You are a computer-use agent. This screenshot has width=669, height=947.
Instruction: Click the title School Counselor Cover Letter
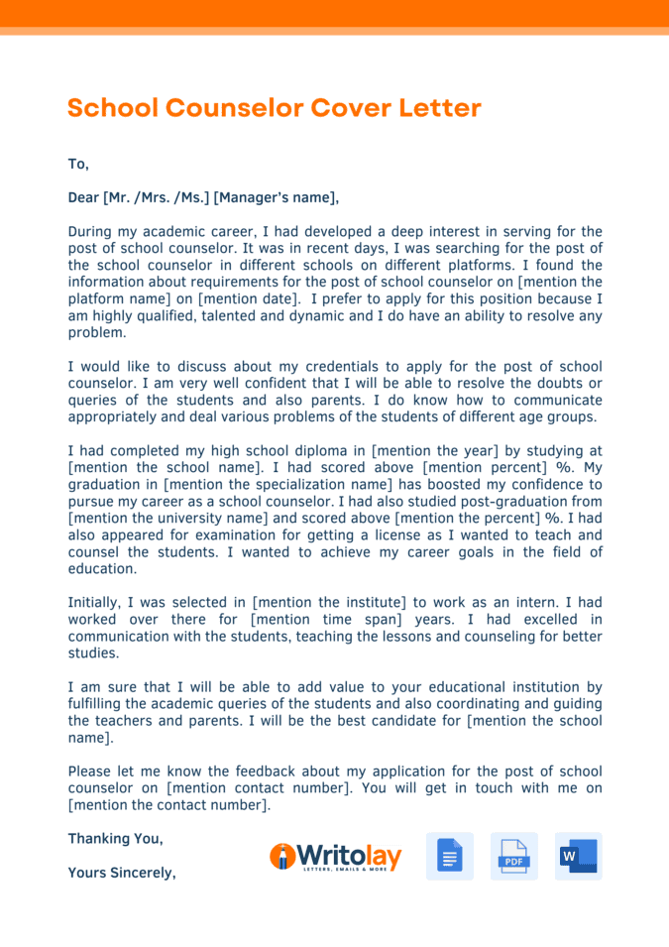[275, 108]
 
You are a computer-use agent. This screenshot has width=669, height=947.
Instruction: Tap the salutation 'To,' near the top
[78, 164]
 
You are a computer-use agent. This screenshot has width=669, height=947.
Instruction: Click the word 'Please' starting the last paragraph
[91, 771]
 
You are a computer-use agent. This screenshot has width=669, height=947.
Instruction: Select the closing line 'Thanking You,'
[115, 839]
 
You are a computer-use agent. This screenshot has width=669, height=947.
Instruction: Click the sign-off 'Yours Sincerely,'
[122, 874]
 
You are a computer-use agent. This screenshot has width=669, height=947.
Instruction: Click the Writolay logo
[335, 857]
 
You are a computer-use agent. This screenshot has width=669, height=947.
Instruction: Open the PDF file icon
[513, 857]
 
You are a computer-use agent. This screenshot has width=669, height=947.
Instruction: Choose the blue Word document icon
[578, 857]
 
